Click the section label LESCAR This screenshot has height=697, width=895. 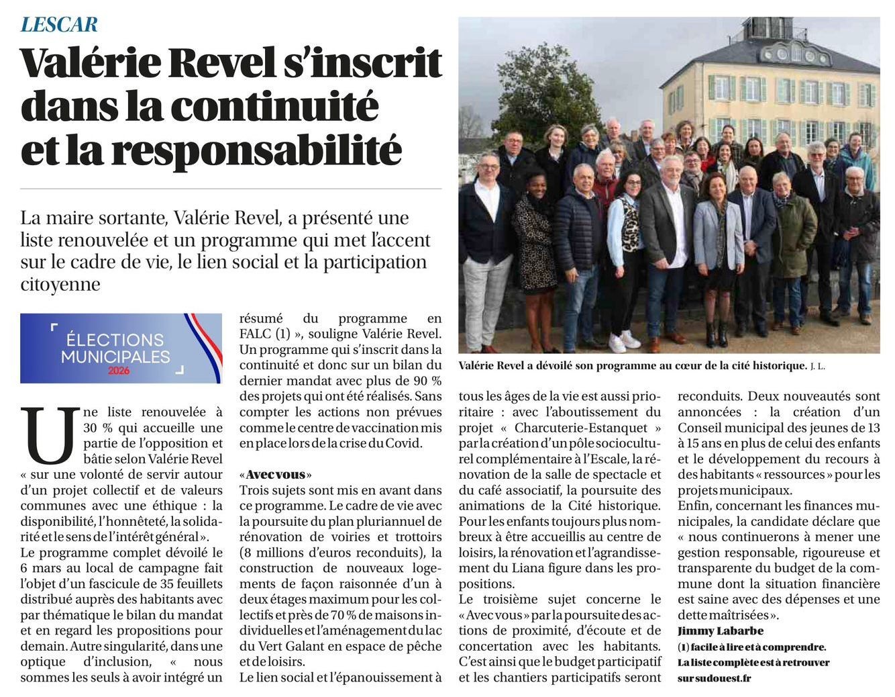click(x=59, y=25)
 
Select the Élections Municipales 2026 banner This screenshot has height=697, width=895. click(x=121, y=348)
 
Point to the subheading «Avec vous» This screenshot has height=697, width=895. click(x=275, y=474)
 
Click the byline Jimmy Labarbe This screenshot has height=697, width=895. click(x=721, y=631)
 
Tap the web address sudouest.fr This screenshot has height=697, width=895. click(x=721, y=678)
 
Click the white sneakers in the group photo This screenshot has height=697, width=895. click(x=624, y=341)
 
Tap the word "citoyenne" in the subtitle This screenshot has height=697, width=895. click(x=60, y=284)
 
